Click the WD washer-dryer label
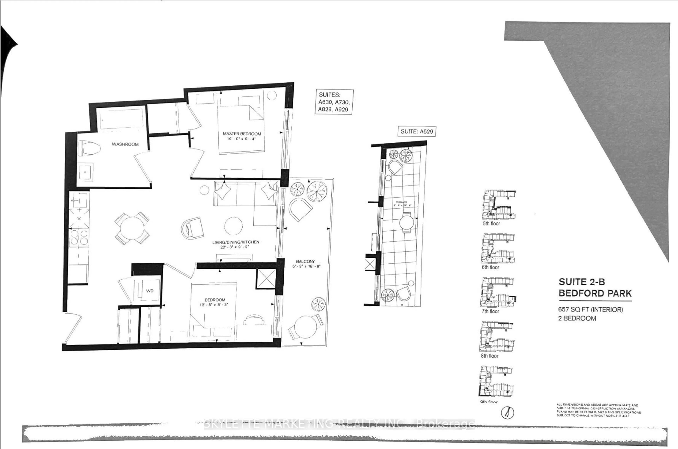click(150, 291)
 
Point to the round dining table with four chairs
click(132, 228)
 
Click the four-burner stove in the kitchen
click(79, 237)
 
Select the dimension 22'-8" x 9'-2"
click(235, 247)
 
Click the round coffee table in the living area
click(233, 226)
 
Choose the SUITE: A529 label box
click(417, 131)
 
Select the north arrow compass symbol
click(507, 413)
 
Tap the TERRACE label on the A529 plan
click(401, 202)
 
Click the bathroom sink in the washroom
click(85, 172)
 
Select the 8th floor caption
click(489, 356)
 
